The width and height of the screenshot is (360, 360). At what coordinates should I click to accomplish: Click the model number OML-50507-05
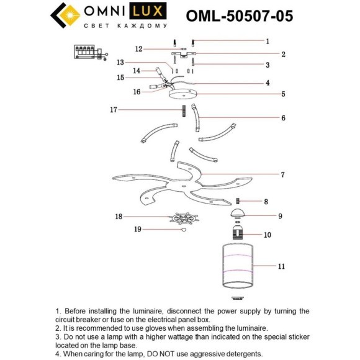240,16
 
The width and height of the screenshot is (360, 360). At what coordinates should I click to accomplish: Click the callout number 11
281,266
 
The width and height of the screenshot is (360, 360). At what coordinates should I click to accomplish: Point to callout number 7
282,174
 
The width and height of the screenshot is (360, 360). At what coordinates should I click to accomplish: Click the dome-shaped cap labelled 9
238,215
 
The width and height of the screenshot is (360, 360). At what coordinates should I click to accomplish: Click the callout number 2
282,55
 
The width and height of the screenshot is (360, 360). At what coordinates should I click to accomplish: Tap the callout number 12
140,48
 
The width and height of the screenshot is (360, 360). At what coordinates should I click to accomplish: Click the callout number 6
282,117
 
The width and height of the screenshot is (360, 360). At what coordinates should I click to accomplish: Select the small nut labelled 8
238,201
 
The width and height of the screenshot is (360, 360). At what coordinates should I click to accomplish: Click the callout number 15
122,78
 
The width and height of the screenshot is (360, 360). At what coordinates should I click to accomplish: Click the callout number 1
267,42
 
